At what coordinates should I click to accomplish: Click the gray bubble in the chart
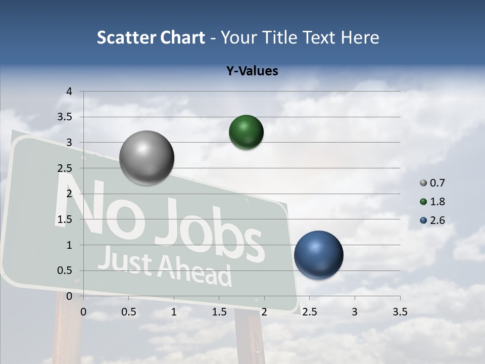point(147,158)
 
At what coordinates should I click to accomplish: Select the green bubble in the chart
point(246,132)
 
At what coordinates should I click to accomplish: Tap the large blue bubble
point(318,255)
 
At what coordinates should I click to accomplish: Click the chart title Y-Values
point(252,71)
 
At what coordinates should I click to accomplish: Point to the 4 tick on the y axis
point(70,92)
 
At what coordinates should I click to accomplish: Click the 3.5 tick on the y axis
point(66,117)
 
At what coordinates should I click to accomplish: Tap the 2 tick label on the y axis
point(70,194)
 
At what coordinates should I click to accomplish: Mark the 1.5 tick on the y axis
point(66,219)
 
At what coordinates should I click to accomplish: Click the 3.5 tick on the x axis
point(400,311)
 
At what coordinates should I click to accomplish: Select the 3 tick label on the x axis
point(355,311)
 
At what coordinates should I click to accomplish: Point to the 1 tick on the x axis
point(174,311)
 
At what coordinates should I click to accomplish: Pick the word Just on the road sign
point(124,260)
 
